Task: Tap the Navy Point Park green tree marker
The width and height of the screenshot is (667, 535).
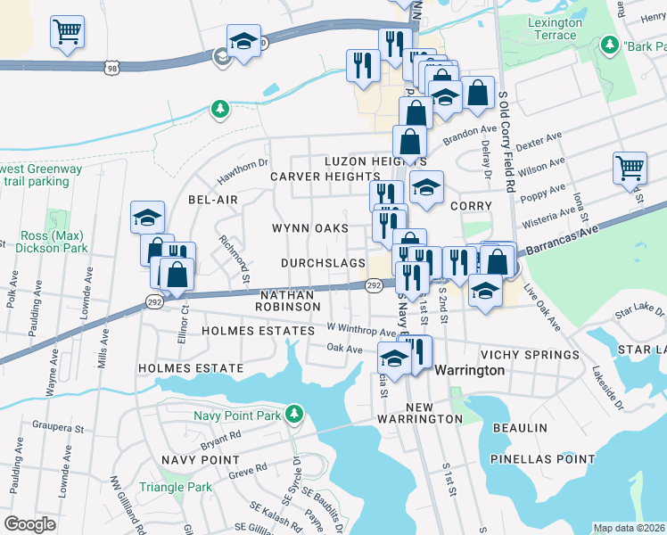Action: pos(292,414)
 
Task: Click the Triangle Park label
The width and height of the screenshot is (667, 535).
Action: pos(176,487)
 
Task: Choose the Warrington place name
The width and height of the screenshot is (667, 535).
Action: pos(469,369)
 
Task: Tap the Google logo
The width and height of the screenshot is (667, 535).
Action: pos(29,523)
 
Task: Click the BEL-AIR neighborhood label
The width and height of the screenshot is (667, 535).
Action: pos(212,200)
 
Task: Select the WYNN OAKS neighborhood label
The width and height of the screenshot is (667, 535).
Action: pos(309,228)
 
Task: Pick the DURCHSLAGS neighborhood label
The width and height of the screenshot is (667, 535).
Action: pos(323,263)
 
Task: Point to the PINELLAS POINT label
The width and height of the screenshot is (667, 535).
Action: pos(542,459)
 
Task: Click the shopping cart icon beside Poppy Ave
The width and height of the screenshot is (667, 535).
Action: pos(630,167)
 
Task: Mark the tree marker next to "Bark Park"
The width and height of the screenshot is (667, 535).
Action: pos(611,44)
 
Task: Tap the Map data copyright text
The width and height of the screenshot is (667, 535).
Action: pos(630,528)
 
